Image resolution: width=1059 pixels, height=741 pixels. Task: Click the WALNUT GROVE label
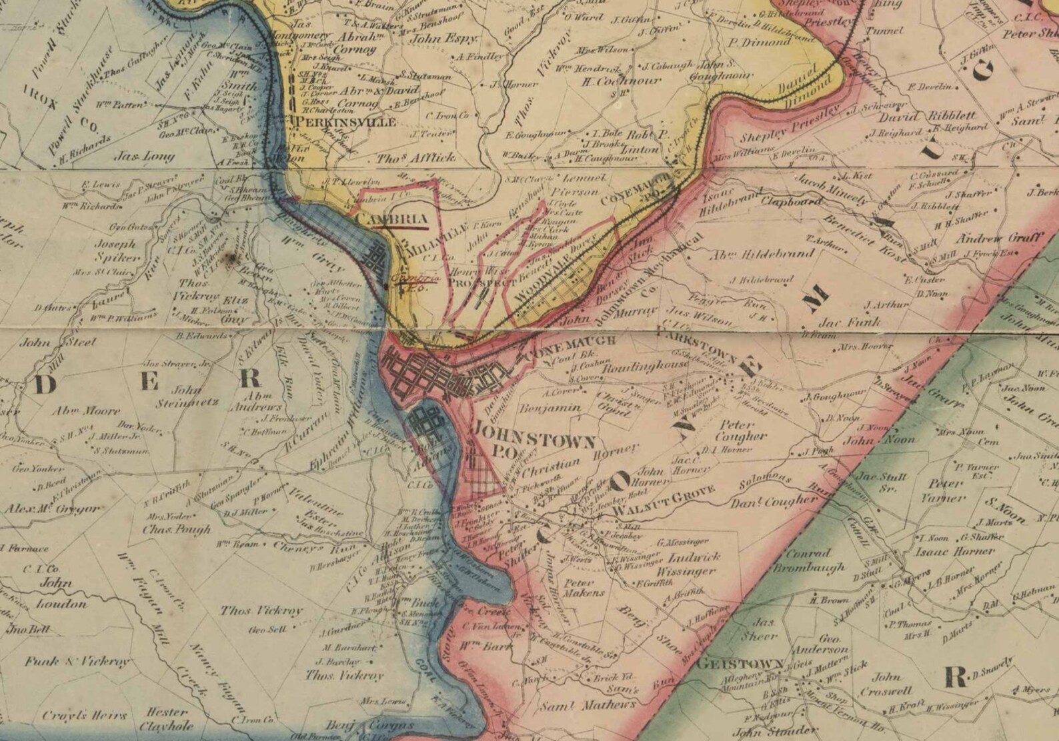click(x=663, y=500)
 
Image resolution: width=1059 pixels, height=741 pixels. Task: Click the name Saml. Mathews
click(x=587, y=705)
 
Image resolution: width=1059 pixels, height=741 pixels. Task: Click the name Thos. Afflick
click(x=416, y=158)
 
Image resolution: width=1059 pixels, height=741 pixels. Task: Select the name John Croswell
click(x=886, y=684)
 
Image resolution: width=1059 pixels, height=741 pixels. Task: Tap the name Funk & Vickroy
click(x=77, y=662)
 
